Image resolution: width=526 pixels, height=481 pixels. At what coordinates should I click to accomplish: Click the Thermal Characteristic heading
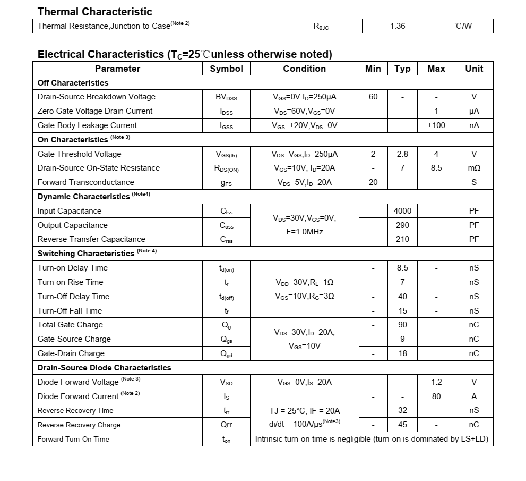point(94,12)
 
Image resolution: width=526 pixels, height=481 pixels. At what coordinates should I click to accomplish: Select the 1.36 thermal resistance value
point(398,26)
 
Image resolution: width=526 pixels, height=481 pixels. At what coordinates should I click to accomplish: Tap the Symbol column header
point(226,69)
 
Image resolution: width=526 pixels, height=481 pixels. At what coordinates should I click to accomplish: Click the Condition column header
point(304,69)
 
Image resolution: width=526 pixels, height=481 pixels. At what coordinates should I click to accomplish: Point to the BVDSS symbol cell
point(226,97)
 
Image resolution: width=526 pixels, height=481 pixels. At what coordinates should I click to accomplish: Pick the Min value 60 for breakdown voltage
point(373,97)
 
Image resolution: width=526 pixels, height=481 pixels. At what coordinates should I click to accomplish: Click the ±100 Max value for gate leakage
point(436,125)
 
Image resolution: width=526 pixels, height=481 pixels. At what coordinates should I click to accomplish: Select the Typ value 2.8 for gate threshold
point(402,154)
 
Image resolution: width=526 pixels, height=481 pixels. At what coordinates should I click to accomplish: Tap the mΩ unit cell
point(474,168)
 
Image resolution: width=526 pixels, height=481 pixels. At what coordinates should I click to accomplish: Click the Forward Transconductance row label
point(86,182)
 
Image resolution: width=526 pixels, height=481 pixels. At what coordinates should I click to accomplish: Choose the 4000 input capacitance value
point(402,211)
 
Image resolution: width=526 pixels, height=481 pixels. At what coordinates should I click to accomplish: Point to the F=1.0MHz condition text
point(304,232)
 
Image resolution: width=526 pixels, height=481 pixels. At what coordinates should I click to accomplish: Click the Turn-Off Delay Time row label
point(73,297)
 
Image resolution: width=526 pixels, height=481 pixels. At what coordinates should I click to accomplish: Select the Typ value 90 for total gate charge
point(402,325)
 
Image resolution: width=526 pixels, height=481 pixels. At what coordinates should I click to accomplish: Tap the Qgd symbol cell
point(226,354)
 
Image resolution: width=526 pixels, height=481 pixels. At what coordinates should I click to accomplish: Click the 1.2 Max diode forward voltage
point(436,382)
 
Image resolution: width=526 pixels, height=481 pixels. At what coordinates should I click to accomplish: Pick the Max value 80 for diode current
point(436,396)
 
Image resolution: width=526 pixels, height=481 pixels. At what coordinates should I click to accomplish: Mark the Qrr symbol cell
point(226,425)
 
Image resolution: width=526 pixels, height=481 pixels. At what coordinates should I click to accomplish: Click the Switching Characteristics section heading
point(86,254)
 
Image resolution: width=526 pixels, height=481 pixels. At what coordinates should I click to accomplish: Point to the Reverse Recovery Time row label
point(75,410)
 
